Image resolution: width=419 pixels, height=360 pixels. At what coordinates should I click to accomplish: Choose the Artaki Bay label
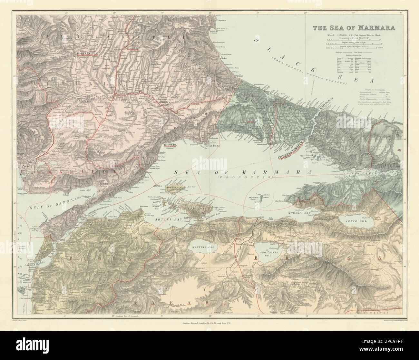[x=165, y=219]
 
